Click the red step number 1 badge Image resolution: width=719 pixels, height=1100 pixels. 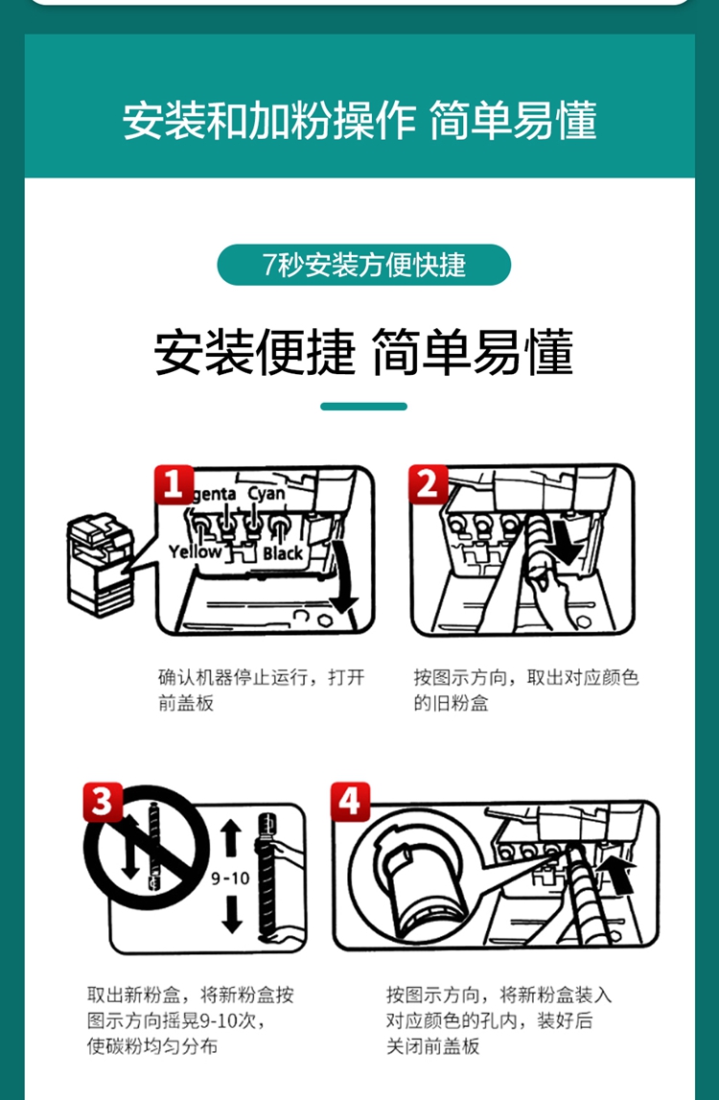[174, 484]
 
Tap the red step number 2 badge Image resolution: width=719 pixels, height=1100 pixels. [429, 484]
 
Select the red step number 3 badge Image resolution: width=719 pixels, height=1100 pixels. [103, 802]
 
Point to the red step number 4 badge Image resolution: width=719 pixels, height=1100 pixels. [351, 802]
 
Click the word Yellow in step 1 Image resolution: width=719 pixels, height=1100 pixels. [195, 552]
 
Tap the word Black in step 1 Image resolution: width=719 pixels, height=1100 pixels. [283, 553]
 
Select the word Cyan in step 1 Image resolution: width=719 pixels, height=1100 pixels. [267, 494]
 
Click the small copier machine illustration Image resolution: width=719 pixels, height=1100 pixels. [101, 565]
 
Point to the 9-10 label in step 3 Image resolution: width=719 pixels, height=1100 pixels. [231, 878]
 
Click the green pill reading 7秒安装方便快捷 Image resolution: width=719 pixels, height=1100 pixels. [364, 265]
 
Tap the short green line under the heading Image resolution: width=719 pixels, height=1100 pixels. [364, 407]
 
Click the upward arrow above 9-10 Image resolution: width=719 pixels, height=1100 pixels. [231, 840]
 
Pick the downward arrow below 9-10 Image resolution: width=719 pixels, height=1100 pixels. [231, 913]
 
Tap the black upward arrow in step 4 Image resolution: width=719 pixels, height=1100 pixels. [618, 873]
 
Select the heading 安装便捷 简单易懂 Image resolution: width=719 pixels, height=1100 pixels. [364, 351]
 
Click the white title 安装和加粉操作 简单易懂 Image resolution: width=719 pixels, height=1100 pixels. [359, 120]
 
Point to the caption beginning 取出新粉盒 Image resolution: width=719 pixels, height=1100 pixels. [190, 1020]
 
